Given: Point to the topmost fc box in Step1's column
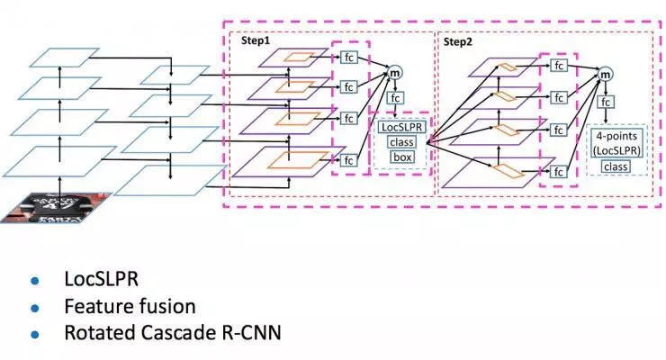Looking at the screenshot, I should (348, 57).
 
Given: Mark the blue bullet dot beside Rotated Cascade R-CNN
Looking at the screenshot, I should (37, 334).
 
